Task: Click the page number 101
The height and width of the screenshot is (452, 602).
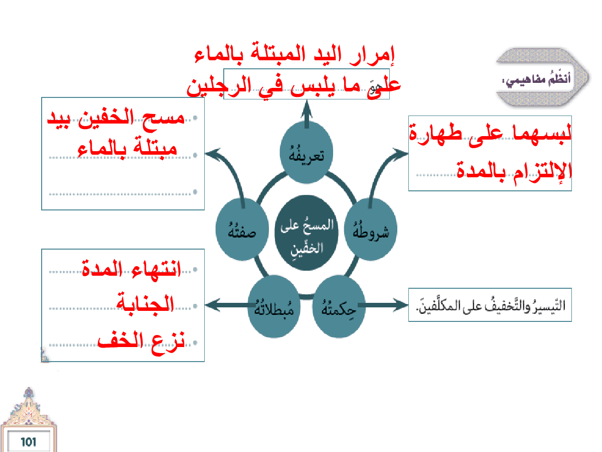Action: (28, 442)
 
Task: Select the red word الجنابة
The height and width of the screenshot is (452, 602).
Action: (145, 304)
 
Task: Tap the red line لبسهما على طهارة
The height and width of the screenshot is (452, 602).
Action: (491, 134)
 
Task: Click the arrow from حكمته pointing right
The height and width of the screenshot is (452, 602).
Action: (387, 304)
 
